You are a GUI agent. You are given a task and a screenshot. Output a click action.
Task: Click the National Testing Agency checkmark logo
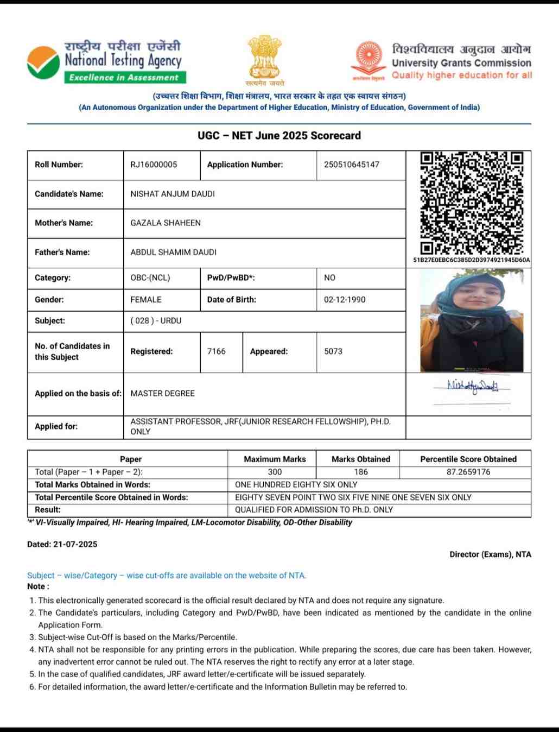(x=43, y=63)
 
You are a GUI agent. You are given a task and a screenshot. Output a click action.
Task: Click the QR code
(x=472, y=203)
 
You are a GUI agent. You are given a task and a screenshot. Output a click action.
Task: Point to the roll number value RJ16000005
(x=154, y=165)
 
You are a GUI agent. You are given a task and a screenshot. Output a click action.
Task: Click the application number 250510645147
(x=352, y=165)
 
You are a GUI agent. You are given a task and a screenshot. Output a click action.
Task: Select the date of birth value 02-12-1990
(x=345, y=300)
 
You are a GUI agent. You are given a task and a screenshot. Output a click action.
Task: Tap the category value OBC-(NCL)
(x=150, y=277)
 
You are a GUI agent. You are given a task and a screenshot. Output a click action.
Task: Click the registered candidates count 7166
(x=216, y=351)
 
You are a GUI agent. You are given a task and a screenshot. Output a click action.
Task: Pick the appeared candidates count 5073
(x=333, y=351)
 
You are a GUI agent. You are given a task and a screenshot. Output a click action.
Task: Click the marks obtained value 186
(x=361, y=472)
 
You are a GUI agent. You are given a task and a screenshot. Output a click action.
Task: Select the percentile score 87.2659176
(x=468, y=472)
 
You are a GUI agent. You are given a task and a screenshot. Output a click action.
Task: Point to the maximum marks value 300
(x=275, y=472)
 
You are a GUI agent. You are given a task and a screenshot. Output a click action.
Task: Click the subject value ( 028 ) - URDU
(x=156, y=321)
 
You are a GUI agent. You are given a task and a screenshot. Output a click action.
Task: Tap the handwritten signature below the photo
(x=472, y=387)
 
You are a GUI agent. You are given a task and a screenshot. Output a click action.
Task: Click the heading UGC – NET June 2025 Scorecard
(x=279, y=136)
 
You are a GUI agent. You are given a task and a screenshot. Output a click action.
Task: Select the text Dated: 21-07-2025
(x=62, y=544)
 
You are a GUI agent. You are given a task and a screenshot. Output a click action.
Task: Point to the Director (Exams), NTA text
(x=490, y=554)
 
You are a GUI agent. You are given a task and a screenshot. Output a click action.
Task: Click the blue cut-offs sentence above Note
(x=167, y=576)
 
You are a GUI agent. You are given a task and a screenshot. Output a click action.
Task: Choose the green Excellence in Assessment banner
(x=124, y=78)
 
